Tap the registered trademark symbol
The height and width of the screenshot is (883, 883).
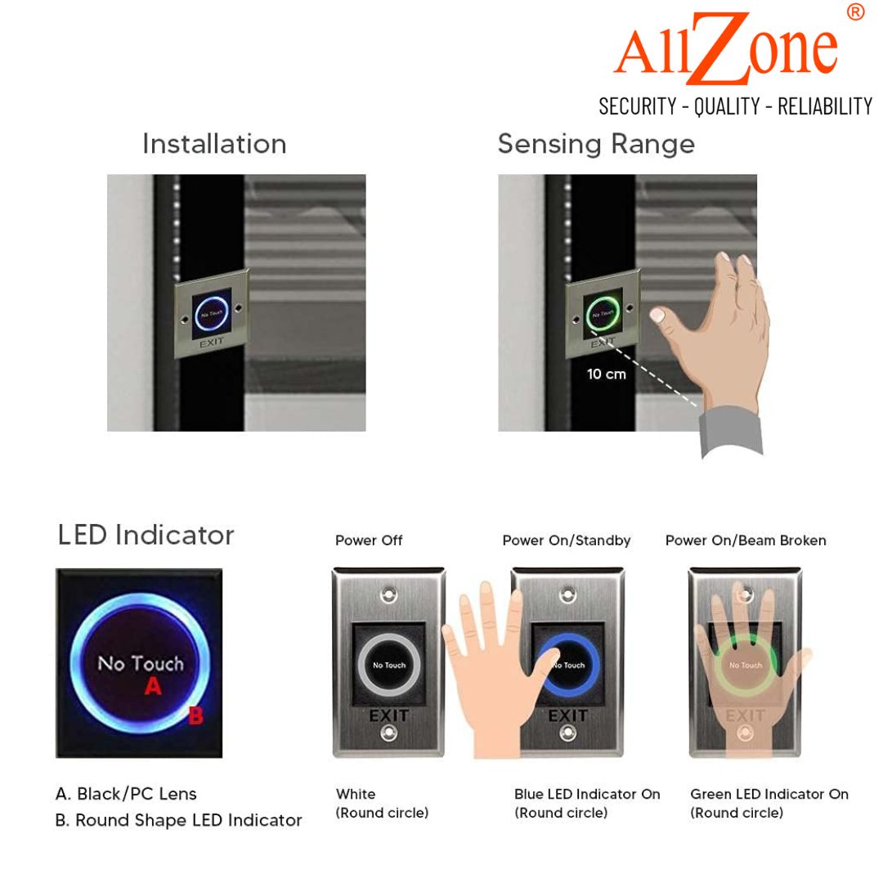(855, 11)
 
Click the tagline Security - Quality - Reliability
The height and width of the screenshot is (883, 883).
(736, 106)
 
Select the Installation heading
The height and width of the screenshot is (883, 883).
(214, 144)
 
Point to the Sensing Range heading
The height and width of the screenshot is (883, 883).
(596, 145)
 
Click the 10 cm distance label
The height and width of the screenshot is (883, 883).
(607, 374)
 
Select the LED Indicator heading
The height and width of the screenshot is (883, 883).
(146, 535)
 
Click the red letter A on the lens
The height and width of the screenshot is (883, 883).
(153, 686)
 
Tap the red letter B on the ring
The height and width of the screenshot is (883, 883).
(195, 715)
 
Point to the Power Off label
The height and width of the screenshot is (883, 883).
(369, 540)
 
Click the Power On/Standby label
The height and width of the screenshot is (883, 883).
(567, 540)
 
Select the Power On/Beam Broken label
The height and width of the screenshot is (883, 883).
(746, 540)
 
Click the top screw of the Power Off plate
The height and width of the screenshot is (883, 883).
(388, 594)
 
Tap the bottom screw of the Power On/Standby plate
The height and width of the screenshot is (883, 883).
(567, 733)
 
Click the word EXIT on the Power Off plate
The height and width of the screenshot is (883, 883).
(388, 715)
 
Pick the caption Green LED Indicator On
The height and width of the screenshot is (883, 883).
(769, 794)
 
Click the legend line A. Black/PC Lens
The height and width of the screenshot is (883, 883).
(126, 794)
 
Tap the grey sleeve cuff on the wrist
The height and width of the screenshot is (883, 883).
(731, 431)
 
